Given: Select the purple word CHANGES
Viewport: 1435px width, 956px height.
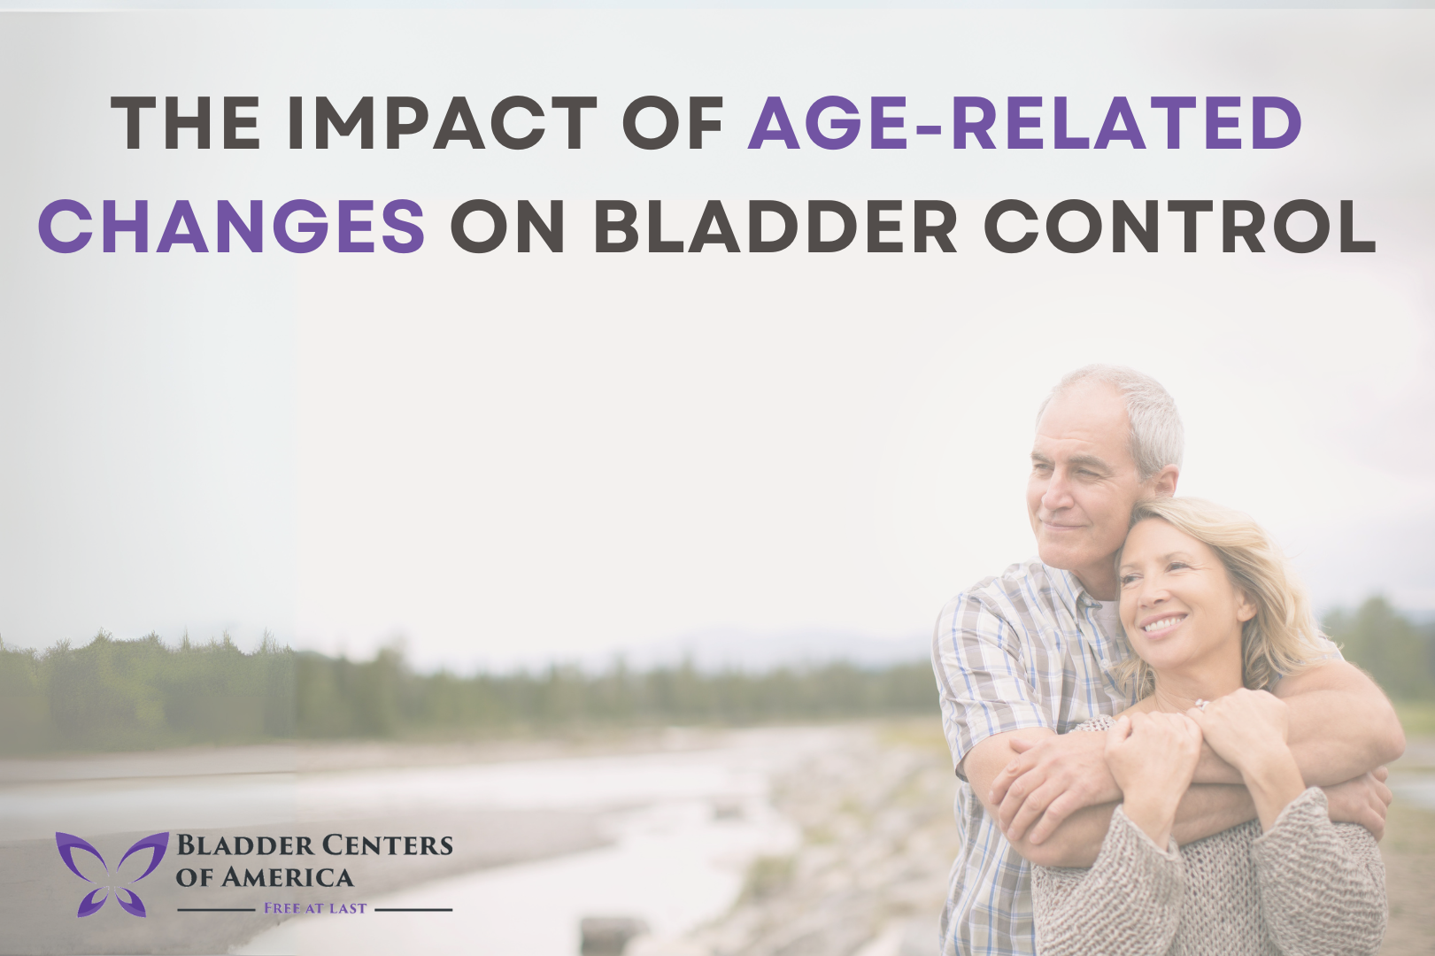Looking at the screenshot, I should (x=232, y=226).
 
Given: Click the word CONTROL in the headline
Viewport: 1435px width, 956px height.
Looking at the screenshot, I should (x=1179, y=226).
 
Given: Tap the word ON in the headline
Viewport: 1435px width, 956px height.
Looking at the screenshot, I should (x=507, y=226).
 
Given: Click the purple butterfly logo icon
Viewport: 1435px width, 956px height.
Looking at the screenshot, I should (x=112, y=873).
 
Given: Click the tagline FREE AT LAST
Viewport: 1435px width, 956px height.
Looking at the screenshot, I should (x=315, y=908).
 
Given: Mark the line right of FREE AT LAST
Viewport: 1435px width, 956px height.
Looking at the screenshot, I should (x=413, y=909).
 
